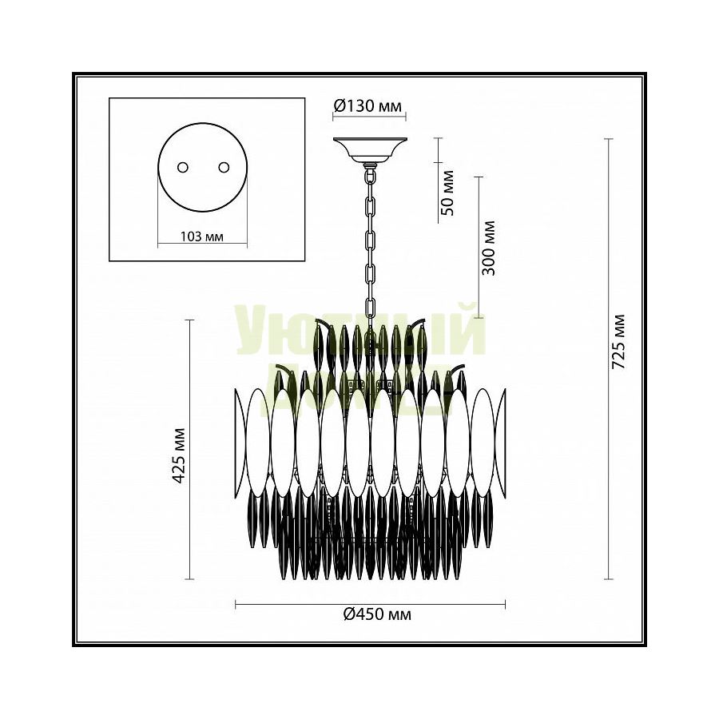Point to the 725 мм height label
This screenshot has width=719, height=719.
(618, 340)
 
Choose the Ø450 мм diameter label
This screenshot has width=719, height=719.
(371, 614)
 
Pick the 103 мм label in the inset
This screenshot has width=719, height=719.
(202, 236)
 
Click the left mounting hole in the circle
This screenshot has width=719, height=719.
(183, 167)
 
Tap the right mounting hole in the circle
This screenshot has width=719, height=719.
(223, 167)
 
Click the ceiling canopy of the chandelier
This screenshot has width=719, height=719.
(369, 149)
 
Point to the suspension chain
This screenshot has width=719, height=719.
(371, 240)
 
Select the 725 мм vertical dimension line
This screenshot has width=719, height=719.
(609, 359)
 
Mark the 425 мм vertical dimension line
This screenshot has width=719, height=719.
(190, 449)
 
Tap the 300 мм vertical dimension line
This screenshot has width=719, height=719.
(478, 248)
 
